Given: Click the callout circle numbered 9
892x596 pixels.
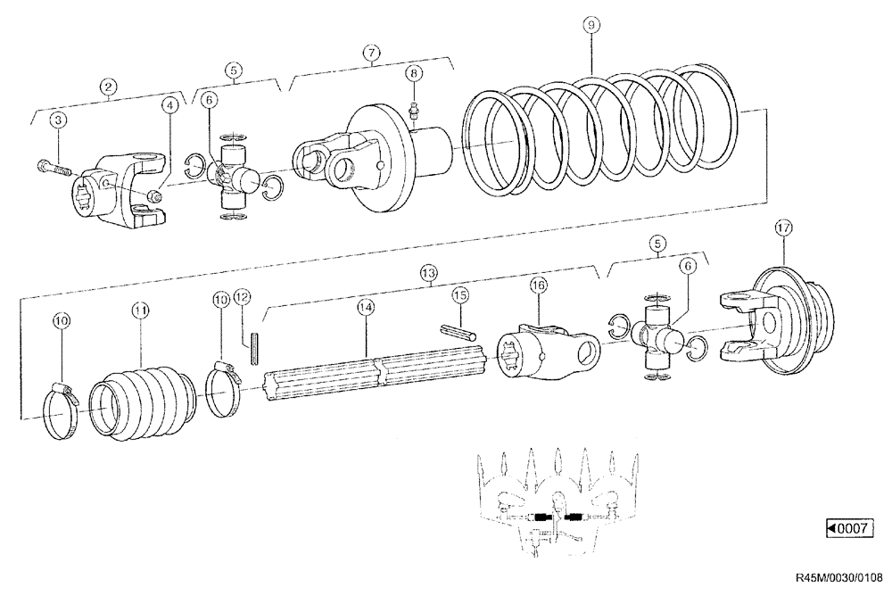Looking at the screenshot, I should coord(589,25).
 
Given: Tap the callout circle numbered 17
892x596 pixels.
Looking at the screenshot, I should coord(782,228).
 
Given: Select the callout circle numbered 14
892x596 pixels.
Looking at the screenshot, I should coord(364,307).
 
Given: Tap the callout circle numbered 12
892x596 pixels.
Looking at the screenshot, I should coord(243,297).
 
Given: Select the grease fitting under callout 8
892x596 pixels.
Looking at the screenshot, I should coord(413,111).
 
